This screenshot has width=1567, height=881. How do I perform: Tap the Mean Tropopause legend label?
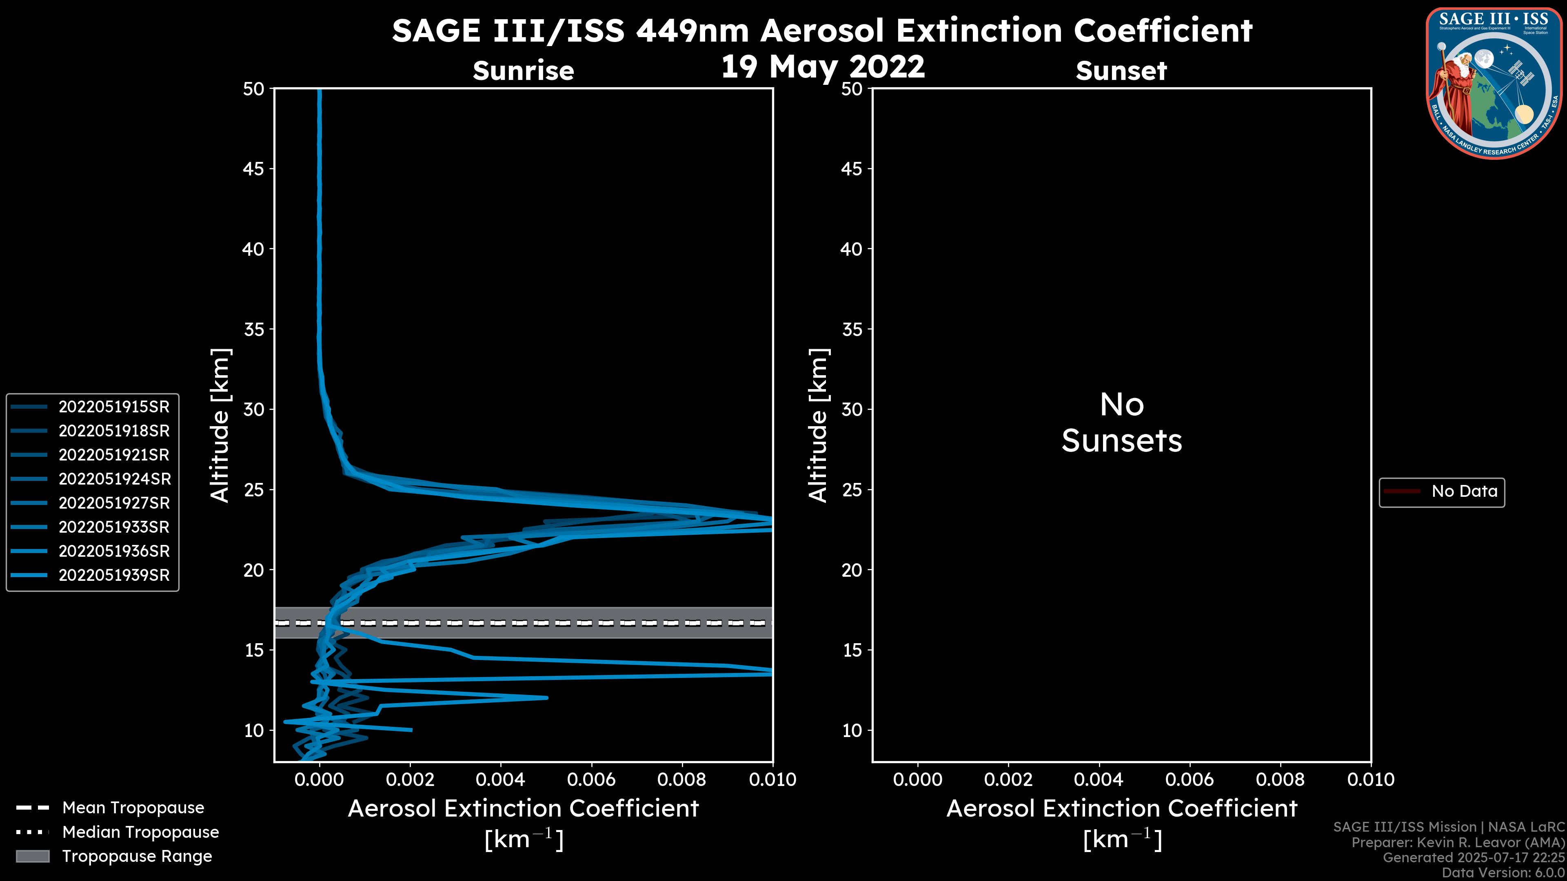click(133, 808)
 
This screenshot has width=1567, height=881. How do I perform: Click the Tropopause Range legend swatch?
click(32, 856)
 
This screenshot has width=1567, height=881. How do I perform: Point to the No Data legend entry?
click(1464, 491)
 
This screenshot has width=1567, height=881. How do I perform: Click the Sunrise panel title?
click(523, 71)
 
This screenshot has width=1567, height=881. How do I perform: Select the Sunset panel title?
click(1121, 71)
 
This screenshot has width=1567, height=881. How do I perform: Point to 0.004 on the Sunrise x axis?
click(500, 779)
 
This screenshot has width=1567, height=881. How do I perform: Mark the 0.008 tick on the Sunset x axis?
click(1281, 779)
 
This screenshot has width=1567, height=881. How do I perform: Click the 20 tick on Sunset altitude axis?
click(852, 570)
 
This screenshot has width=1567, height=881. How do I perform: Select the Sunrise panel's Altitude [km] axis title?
click(220, 425)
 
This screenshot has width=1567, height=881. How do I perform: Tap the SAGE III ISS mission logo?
click(1494, 83)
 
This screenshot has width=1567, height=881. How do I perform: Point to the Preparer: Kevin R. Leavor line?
click(1458, 842)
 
